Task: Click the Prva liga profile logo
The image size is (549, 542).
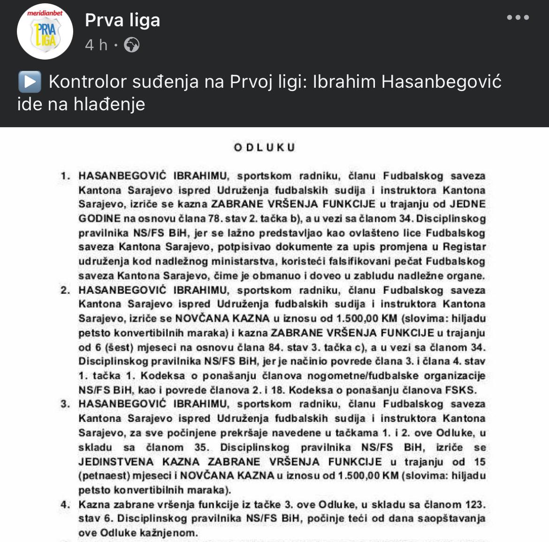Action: (45, 31)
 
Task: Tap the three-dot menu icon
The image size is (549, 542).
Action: (518, 18)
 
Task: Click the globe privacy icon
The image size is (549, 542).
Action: (132, 45)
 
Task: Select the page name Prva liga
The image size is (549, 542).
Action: (122, 20)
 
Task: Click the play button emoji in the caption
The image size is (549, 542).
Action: (30, 82)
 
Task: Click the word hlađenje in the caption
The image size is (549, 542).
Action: (109, 104)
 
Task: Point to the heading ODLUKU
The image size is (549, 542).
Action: (265, 147)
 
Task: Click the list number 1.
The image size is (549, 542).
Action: (65, 176)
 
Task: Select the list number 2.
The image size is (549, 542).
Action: (65, 290)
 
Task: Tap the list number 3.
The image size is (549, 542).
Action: (65, 404)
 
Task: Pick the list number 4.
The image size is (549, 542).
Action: (65, 505)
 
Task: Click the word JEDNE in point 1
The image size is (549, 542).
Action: (468, 205)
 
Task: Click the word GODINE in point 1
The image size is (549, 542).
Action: (99, 219)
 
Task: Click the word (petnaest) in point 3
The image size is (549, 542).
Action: (104, 476)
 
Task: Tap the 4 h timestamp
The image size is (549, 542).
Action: (96, 45)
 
